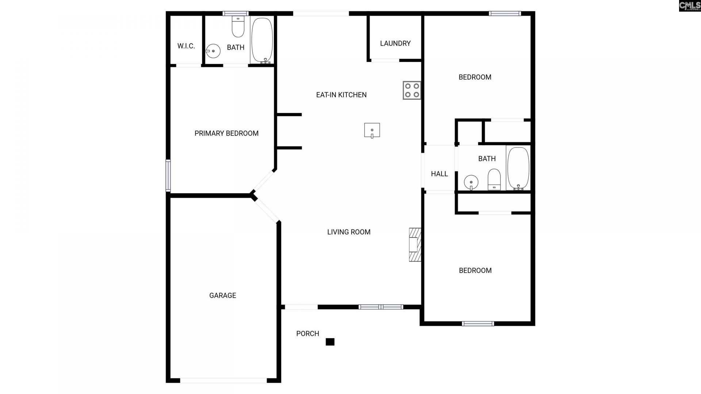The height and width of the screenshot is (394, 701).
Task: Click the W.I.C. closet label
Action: pos(186,46)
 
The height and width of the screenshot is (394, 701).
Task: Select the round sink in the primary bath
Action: pos(213,51)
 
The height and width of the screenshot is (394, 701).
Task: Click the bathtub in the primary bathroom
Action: pos(262,40)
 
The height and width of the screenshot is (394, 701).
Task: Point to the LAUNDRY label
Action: pos(395,43)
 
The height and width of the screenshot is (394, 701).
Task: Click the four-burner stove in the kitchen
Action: pos(412,90)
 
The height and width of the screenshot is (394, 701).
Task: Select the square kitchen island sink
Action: pos(372,130)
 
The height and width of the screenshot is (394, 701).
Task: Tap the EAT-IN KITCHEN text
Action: pos(341,95)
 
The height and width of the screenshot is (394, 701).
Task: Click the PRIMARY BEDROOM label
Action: pos(226,134)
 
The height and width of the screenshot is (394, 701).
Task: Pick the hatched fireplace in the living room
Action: pos(415,244)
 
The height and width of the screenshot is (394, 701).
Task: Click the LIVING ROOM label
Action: pos(349,232)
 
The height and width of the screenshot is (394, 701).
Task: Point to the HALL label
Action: pos(439,174)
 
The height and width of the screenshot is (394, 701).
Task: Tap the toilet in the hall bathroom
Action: pos(494,179)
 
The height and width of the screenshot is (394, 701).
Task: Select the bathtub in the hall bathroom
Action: pos(518,169)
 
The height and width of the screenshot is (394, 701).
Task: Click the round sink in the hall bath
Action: pos(471,182)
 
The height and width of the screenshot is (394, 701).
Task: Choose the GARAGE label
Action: pos(222,295)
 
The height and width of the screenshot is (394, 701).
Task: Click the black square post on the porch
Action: pos(330,342)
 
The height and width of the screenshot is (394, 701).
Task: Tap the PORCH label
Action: pos(307,334)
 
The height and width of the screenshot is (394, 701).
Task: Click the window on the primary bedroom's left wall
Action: pos(168,175)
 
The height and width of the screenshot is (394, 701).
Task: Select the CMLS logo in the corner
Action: pos(690,6)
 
